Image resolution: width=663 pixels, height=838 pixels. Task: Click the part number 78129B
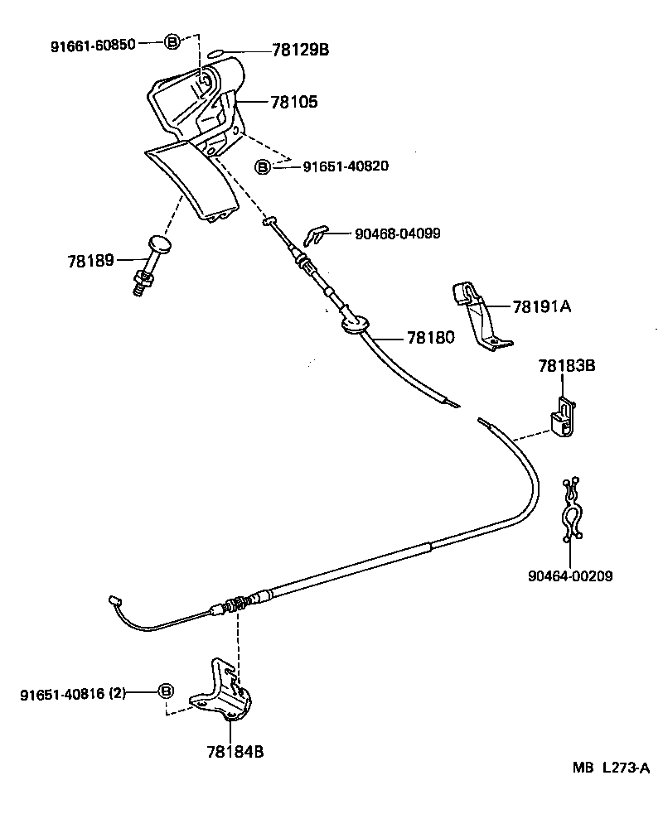[x=300, y=51]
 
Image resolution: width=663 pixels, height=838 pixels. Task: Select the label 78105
[x=293, y=102]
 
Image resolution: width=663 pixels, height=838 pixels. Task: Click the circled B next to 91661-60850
[x=171, y=43]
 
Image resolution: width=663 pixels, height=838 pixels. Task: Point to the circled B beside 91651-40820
[x=262, y=166]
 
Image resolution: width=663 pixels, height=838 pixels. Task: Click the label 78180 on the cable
[x=430, y=338]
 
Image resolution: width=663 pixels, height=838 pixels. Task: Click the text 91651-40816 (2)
[x=72, y=694]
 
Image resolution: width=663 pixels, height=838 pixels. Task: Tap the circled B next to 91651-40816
[x=166, y=691]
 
